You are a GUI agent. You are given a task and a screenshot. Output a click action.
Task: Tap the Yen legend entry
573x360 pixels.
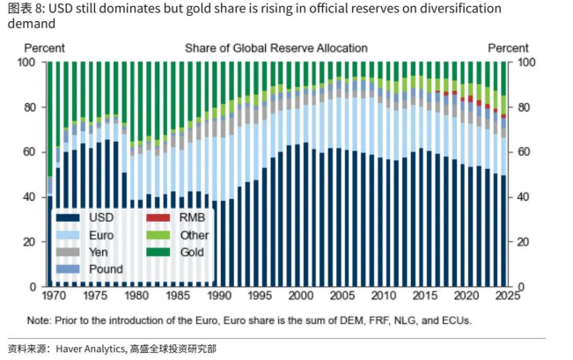pos(99,252)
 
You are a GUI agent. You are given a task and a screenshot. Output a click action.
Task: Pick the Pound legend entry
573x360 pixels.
pos(106,268)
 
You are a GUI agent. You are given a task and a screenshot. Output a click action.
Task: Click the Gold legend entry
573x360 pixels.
pos(192,252)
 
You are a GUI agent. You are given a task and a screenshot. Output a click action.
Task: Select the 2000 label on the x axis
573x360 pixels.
pos(301,296)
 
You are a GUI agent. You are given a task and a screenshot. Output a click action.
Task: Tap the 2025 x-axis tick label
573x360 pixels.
pos(508,296)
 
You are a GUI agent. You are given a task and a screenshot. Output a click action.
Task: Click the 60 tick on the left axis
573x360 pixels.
pos(30,152)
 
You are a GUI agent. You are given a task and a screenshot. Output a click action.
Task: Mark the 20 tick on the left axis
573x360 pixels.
pos(30,241)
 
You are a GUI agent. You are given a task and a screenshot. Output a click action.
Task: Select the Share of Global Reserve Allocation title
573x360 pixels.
pos(276,48)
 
